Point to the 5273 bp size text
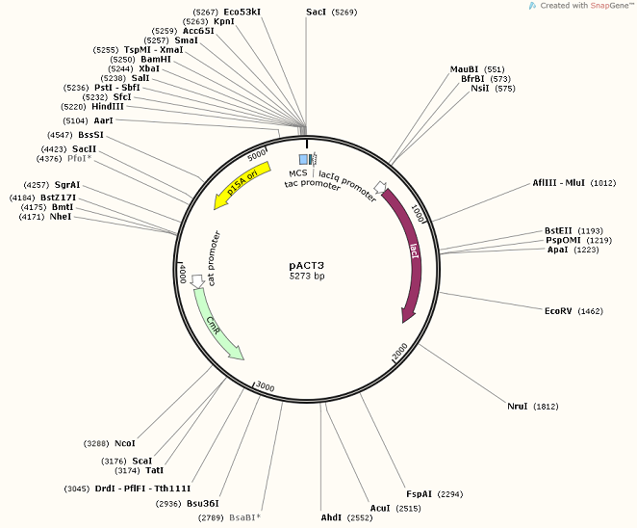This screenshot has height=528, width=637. pos(309,276)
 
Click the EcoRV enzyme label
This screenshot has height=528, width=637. pos(559,311)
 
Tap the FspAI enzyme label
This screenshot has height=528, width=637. pos(420,493)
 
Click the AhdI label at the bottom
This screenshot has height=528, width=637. pos(331,517)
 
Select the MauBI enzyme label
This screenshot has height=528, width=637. pos(465,69)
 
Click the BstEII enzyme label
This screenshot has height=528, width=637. pos(559,230)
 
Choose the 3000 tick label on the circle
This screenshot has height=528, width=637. pos(264,387)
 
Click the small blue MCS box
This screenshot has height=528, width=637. pos(304,158)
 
